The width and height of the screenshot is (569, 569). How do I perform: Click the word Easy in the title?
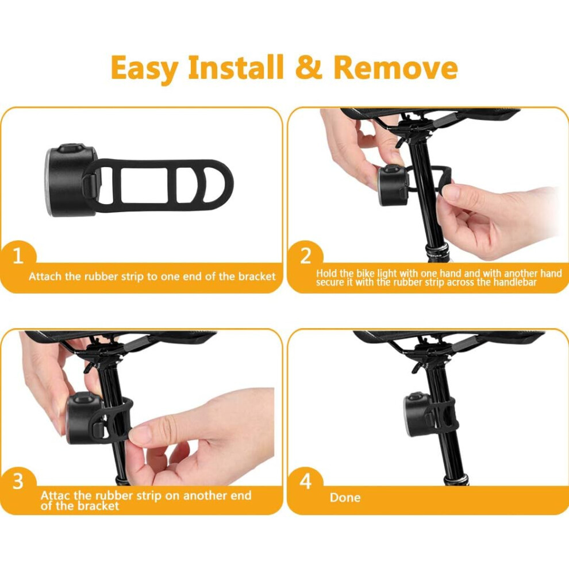tap(144, 68)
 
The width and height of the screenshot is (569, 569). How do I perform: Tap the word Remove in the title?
tap(395, 67)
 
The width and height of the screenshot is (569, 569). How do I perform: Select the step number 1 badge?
tap(18, 256)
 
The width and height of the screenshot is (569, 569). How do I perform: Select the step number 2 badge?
tap(306, 256)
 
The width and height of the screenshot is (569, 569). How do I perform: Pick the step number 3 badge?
tap(18, 482)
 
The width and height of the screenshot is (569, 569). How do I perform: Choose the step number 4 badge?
tap(306, 482)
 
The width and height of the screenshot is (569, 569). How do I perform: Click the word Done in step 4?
tap(345, 498)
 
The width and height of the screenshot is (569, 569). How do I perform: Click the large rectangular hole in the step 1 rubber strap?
tap(144, 185)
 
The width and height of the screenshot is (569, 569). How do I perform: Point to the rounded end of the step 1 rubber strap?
tap(227, 185)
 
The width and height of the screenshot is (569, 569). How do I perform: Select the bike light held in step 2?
tap(393, 185)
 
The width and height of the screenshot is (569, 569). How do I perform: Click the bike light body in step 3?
tap(84, 418)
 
